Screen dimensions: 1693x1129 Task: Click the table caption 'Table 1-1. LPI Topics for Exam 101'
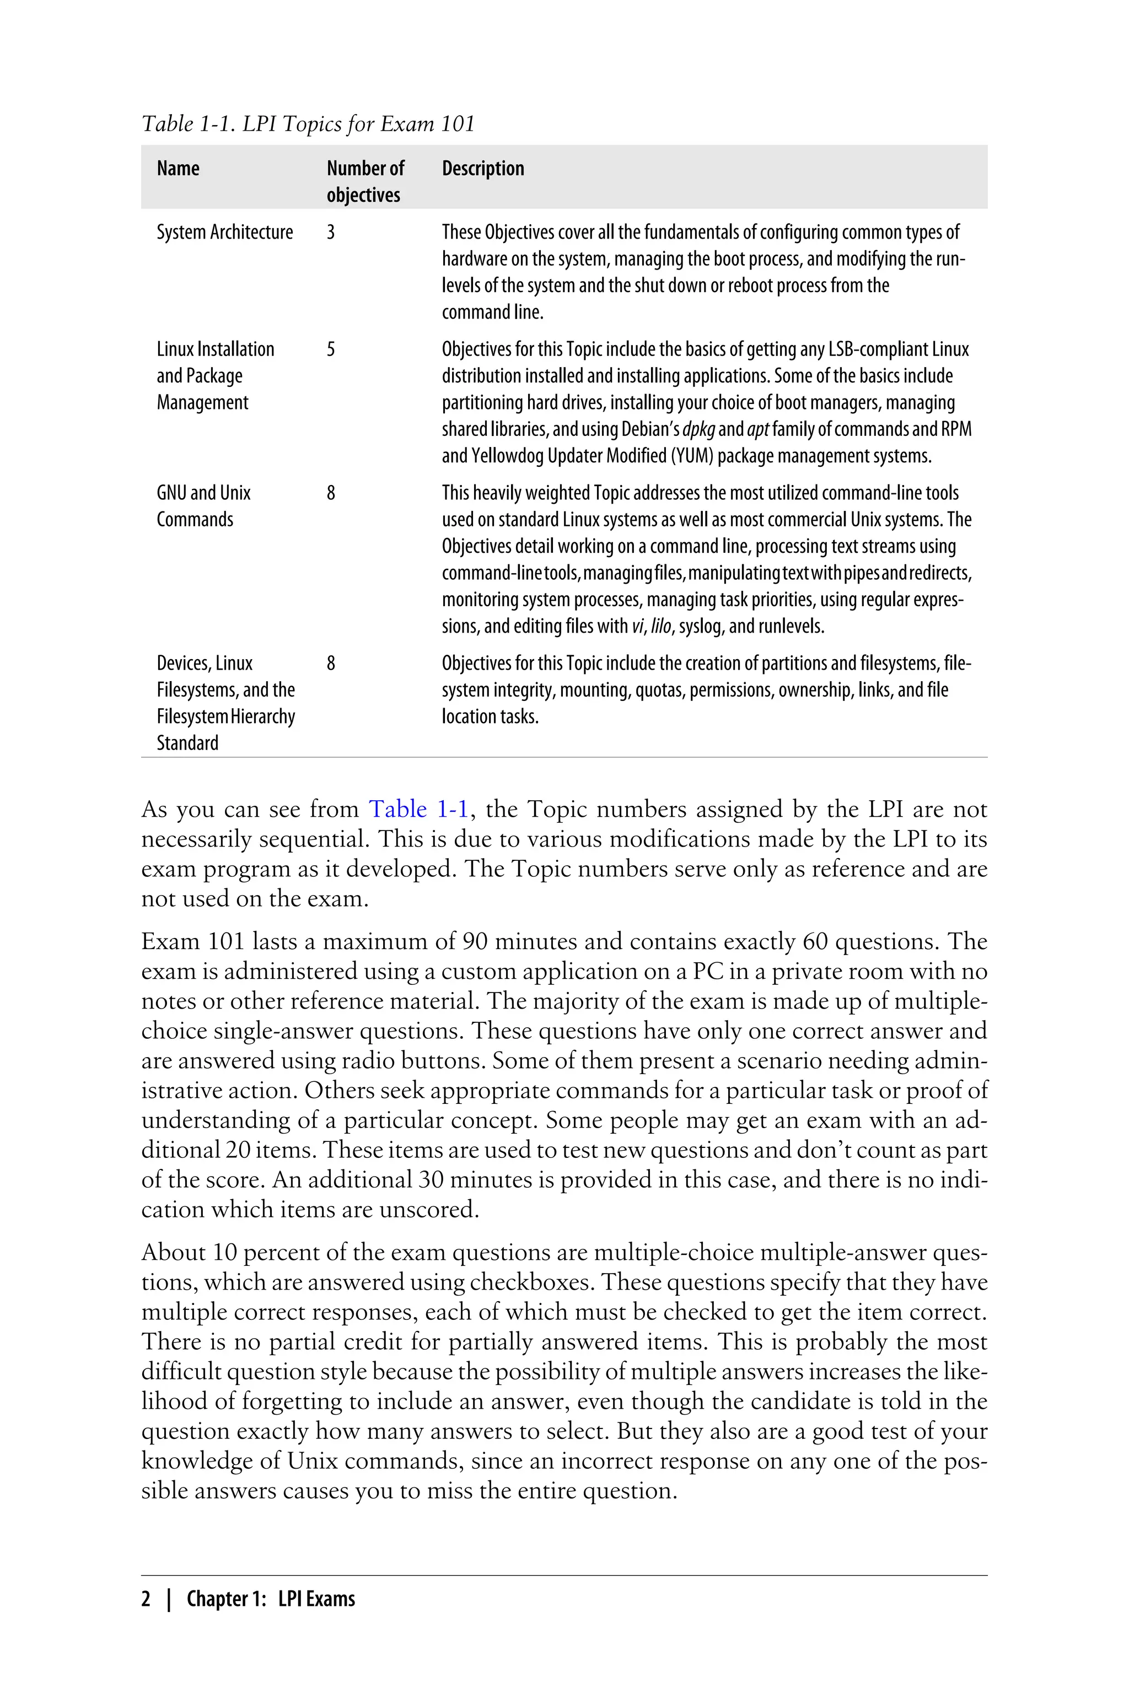click(308, 124)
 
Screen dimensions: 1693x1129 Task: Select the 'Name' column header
click(178, 169)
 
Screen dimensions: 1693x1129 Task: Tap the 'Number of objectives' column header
click(365, 181)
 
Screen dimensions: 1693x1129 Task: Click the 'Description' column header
click(482, 169)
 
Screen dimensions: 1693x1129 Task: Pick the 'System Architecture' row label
click(225, 233)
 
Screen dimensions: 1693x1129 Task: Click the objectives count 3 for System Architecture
click(331, 233)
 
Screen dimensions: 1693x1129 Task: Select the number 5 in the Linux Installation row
click(331, 350)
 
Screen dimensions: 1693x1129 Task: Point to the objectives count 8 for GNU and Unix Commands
click(331, 493)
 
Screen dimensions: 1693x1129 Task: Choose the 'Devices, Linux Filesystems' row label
click(225, 703)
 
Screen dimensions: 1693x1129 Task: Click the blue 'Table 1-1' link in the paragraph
click(419, 810)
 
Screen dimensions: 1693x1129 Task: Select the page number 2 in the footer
click(146, 1599)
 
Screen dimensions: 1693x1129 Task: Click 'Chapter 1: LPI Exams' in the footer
click(271, 1599)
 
